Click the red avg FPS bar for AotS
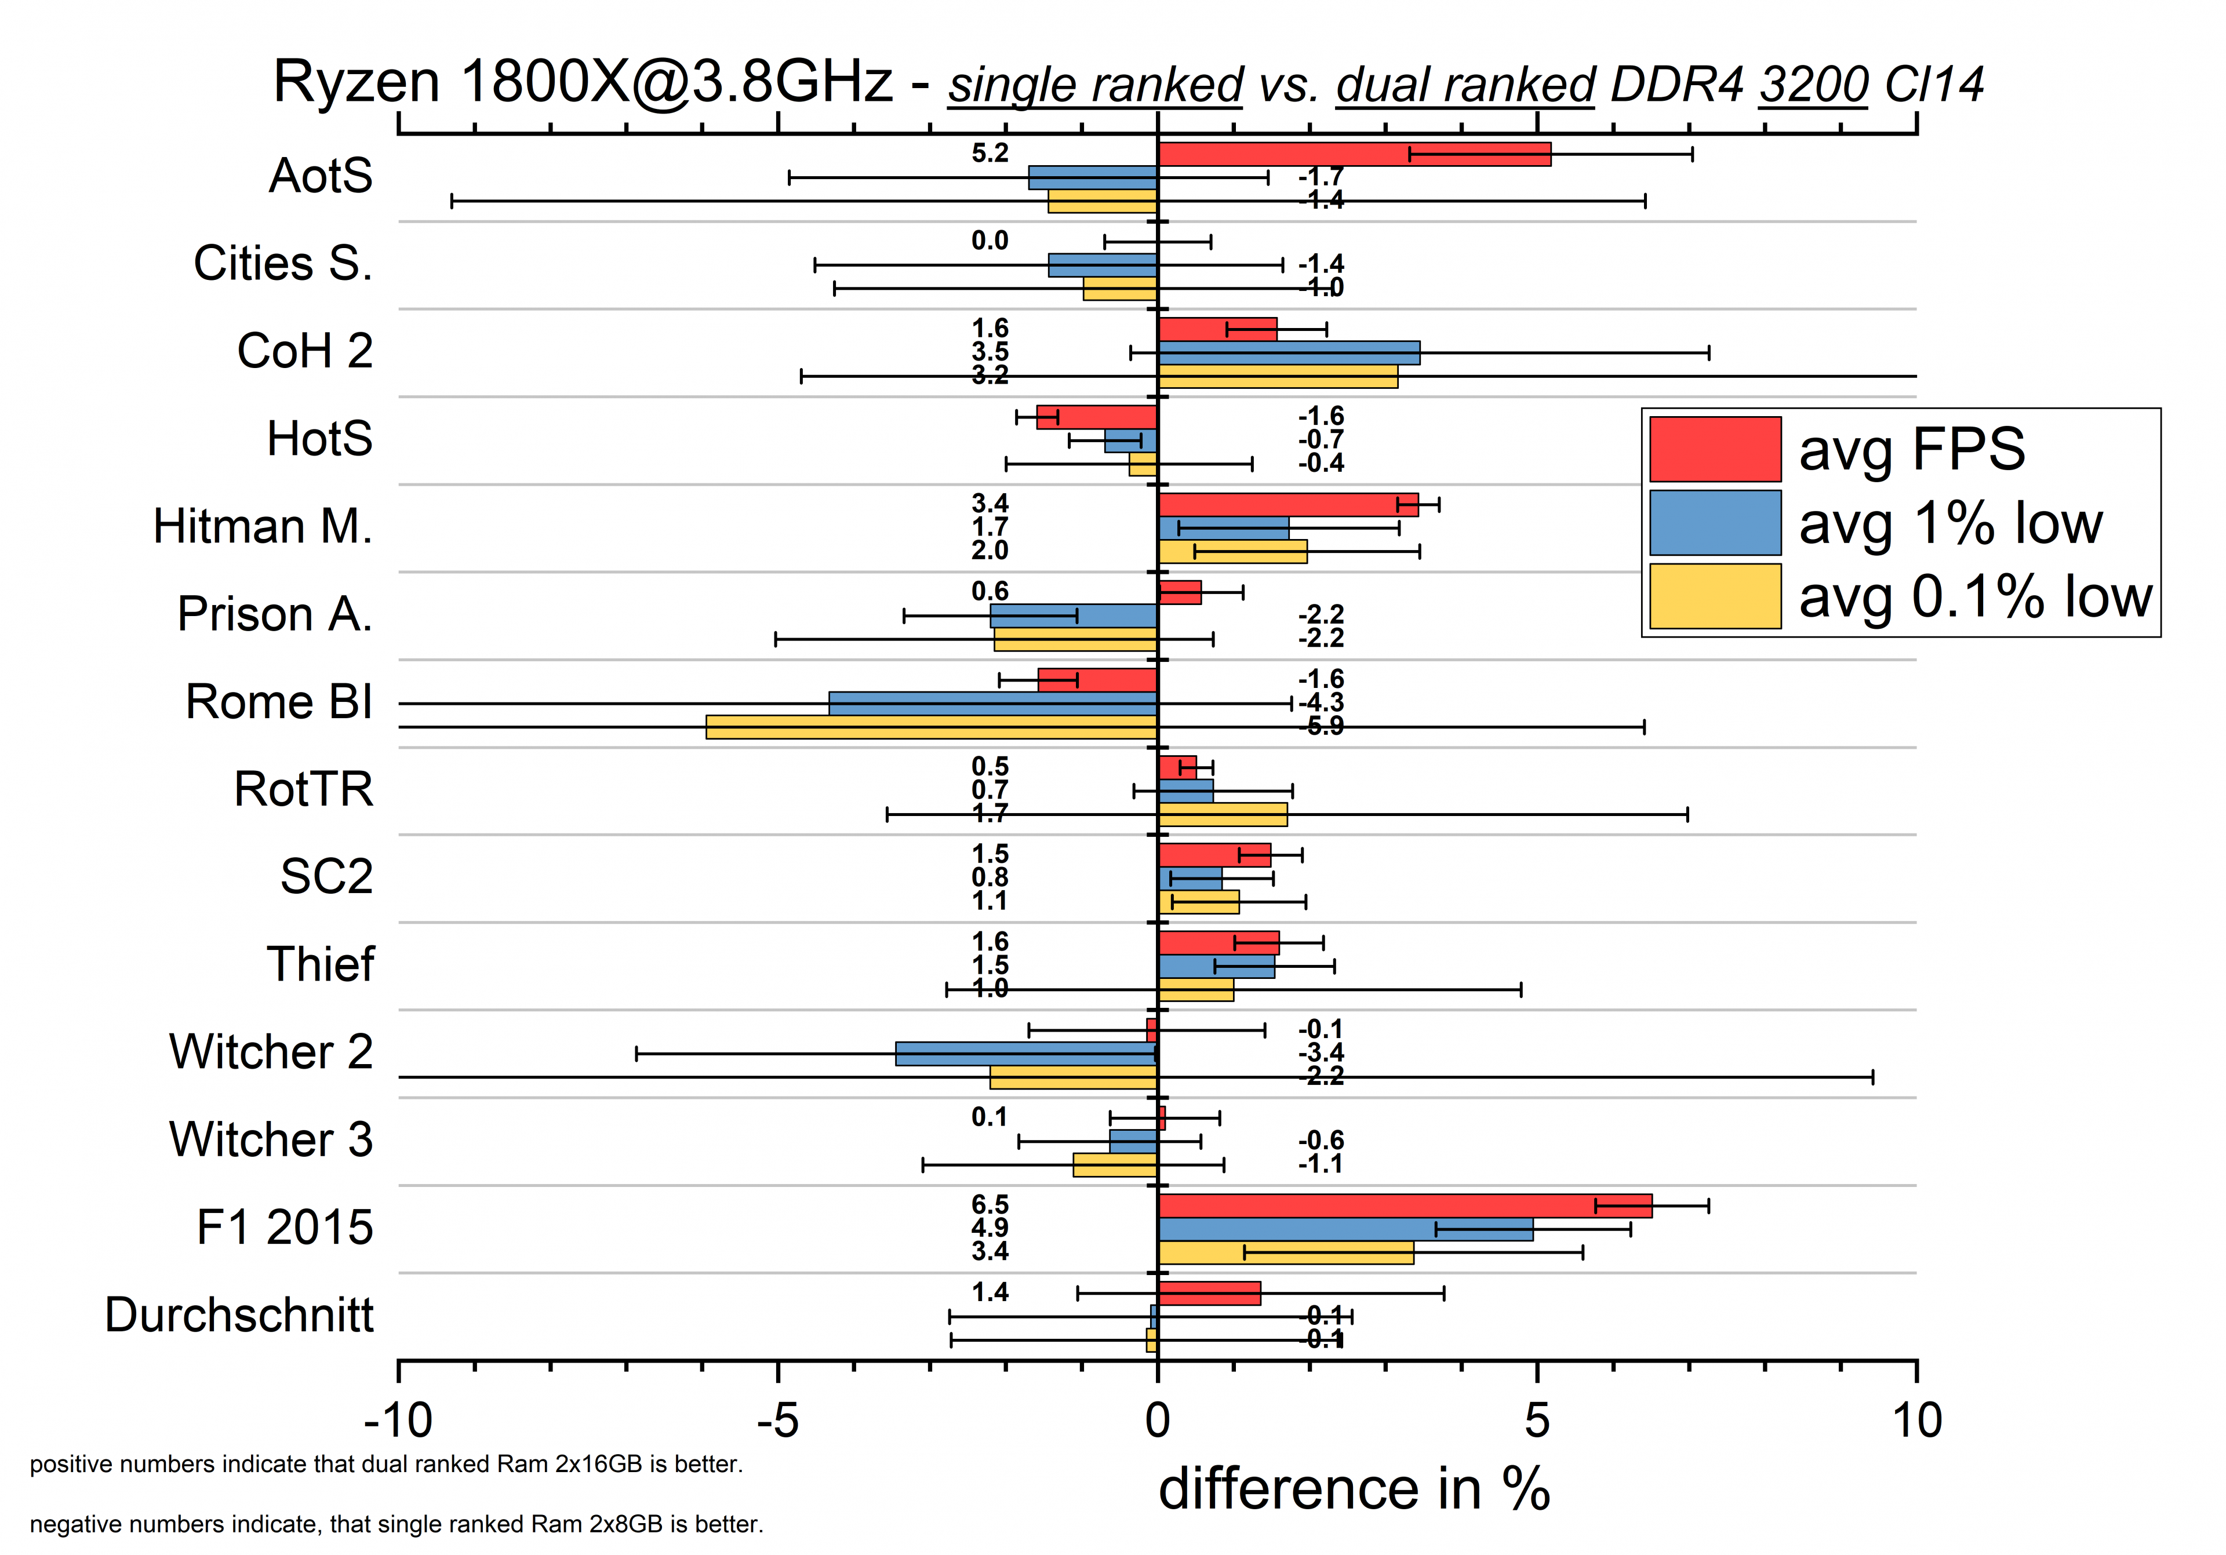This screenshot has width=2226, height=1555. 1354,154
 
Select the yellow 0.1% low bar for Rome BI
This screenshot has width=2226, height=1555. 931,727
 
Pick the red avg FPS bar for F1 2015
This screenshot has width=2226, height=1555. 1404,1206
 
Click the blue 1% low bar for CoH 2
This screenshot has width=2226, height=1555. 1289,353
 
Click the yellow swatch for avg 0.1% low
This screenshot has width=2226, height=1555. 1715,596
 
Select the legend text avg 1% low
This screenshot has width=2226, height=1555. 1951,523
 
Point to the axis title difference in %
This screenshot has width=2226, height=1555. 1354,1489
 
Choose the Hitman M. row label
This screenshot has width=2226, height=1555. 263,526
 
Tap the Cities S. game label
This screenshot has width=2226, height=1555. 282,264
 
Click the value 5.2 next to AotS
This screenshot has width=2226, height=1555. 990,153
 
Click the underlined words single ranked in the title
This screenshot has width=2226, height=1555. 1096,85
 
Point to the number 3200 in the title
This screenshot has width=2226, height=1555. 1813,85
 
